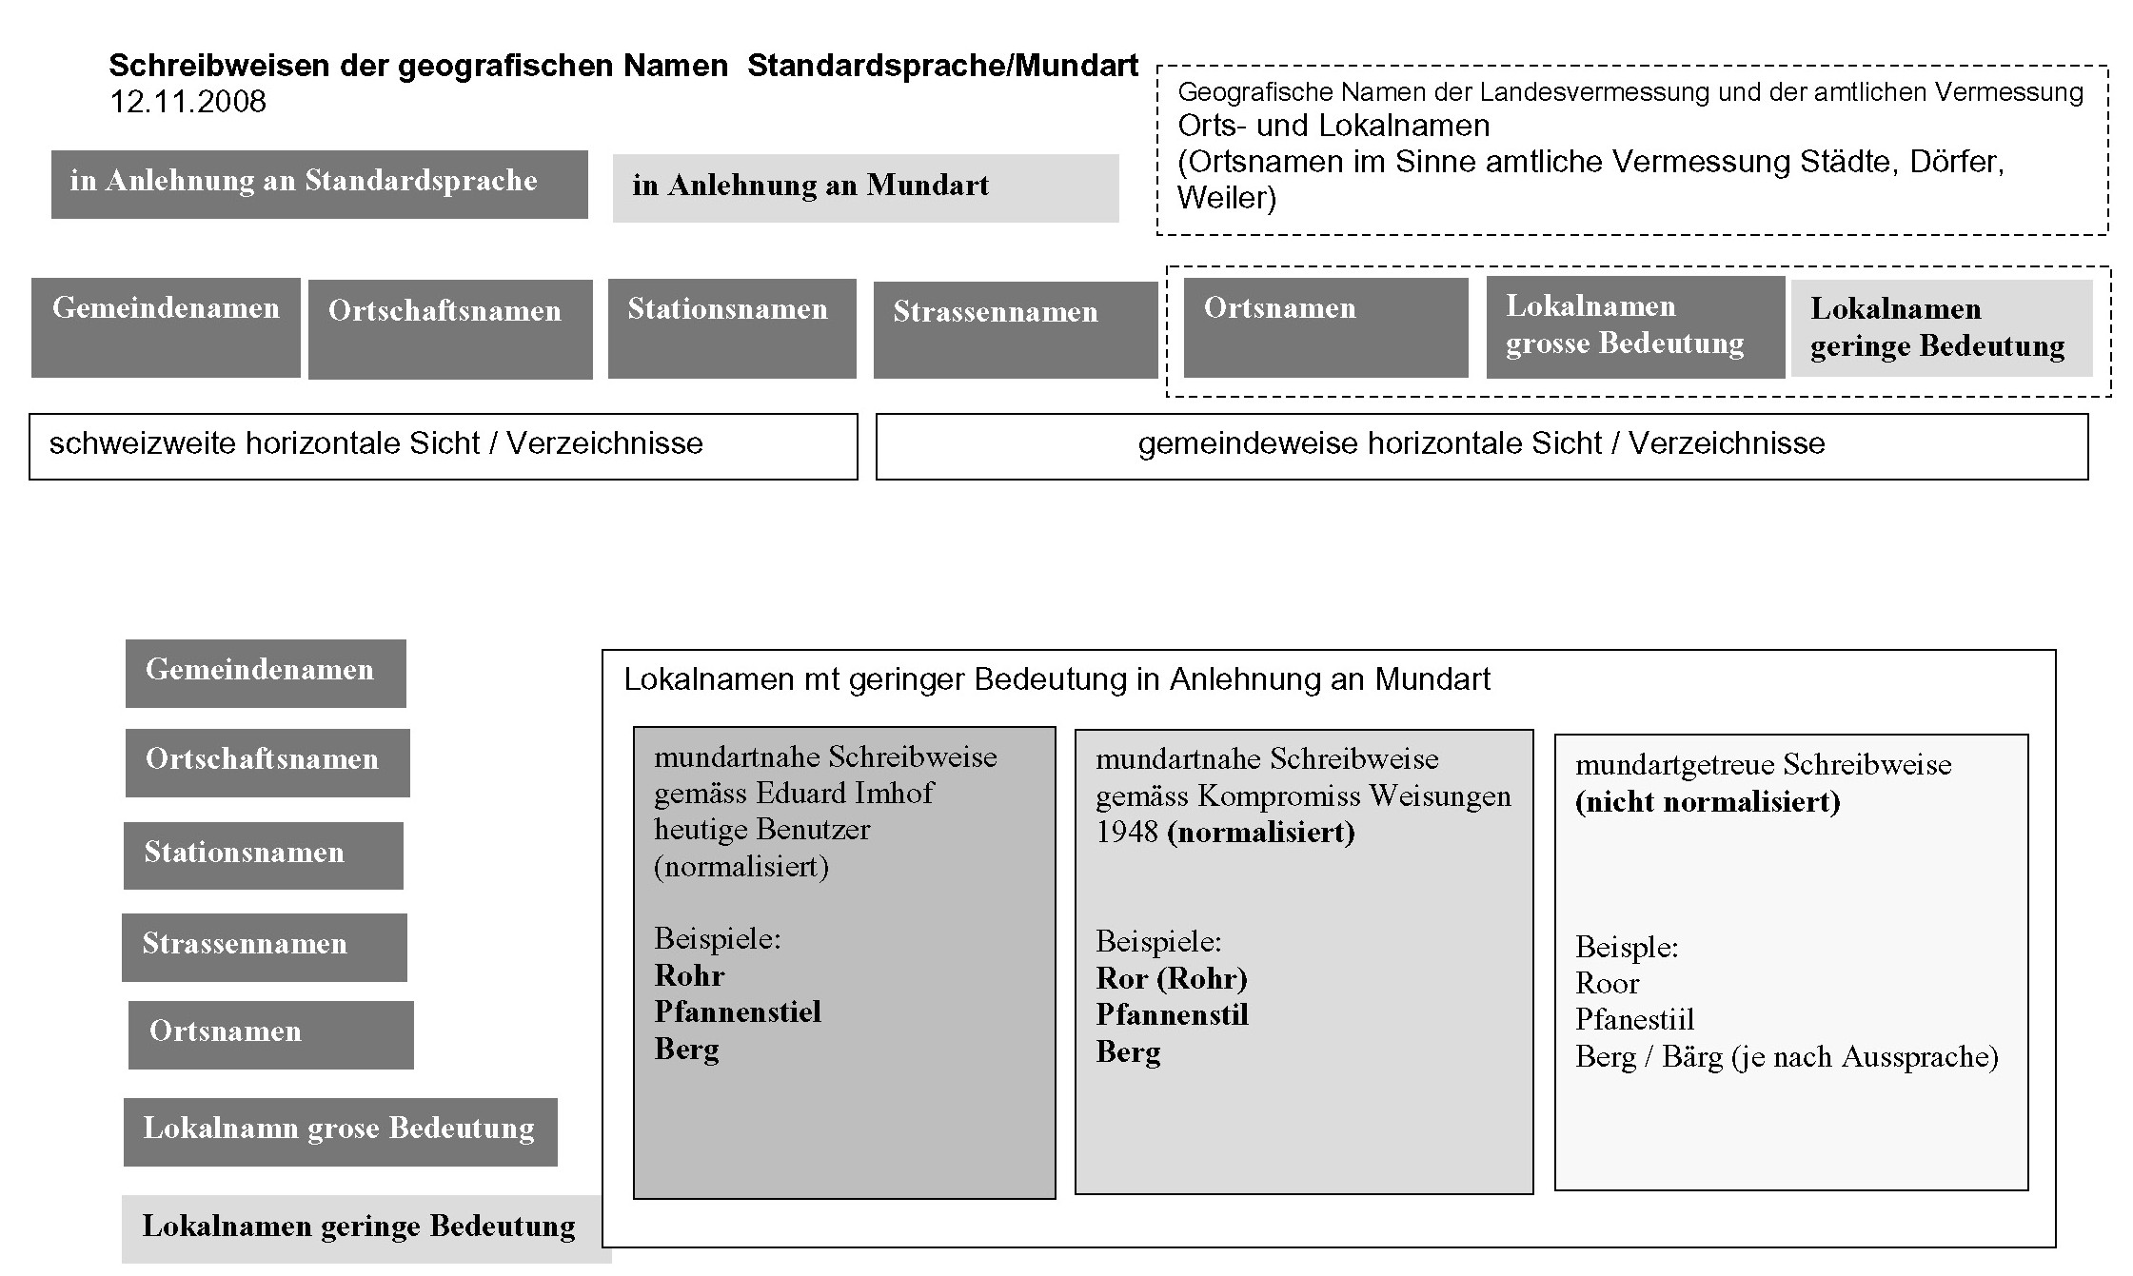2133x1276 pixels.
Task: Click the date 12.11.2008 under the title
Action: (x=188, y=102)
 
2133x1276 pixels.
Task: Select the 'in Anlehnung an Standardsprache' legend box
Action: (x=319, y=185)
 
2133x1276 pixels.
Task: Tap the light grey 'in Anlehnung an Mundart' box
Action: (x=864, y=187)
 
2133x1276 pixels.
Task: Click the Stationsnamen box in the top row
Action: (x=731, y=327)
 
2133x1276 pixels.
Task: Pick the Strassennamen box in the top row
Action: (x=1015, y=329)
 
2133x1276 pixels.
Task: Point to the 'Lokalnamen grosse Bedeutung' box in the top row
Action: (x=1634, y=326)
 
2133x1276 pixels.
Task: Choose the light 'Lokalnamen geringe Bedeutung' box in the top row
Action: (x=1941, y=327)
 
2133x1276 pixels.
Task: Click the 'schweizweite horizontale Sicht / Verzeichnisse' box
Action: (x=443, y=445)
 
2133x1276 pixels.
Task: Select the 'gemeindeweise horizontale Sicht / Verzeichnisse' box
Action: (x=1481, y=445)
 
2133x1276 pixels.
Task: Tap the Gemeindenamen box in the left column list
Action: (x=265, y=673)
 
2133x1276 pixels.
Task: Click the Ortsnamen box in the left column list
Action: (x=270, y=1034)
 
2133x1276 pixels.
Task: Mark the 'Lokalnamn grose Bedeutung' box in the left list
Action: (x=340, y=1131)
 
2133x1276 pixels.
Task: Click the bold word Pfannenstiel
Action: (x=738, y=1011)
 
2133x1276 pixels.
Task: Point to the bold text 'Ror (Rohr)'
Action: (x=1171, y=978)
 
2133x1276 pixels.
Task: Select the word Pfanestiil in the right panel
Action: (x=1634, y=1020)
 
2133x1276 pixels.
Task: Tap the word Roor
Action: (x=1607, y=983)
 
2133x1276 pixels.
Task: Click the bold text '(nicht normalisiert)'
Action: (x=1707, y=802)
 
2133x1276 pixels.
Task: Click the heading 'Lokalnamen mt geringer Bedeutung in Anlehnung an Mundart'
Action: (x=1057, y=679)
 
